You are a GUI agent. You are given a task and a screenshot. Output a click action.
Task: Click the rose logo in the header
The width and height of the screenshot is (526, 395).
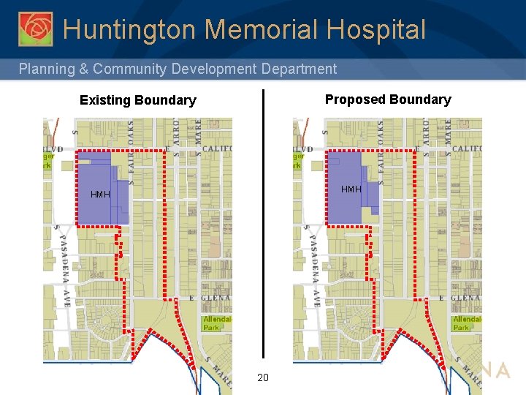click(x=35, y=29)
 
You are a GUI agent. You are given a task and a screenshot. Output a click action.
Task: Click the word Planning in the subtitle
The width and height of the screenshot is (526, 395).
click(x=47, y=69)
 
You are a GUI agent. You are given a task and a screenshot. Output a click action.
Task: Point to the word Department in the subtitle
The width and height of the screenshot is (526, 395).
click(x=297, y=69)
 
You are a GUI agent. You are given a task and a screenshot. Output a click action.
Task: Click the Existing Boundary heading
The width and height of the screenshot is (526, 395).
click(x=137, y=100)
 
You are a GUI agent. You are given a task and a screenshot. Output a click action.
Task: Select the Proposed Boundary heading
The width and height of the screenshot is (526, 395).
click(x=388, y=99)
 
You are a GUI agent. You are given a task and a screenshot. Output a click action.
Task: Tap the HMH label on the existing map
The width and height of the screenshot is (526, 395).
click(x=100, y=195)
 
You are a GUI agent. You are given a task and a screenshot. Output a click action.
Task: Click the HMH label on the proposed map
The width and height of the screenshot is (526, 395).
click(x=351, y=189)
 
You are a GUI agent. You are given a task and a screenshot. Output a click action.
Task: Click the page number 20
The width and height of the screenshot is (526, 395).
click(x=263, y=377)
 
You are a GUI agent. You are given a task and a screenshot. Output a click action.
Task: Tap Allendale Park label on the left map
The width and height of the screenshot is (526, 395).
click(x=216, y=323)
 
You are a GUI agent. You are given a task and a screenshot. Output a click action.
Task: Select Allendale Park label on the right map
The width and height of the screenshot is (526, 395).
click(x=466, y=323)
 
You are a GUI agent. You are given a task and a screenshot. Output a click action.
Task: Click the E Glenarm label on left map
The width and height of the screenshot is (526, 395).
click(x=210, y=298)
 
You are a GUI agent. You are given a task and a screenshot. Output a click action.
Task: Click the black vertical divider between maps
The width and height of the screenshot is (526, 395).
click(x=263, y=219)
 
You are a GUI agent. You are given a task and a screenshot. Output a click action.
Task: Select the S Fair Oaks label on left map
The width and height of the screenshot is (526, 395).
click(x=131, y=150)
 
